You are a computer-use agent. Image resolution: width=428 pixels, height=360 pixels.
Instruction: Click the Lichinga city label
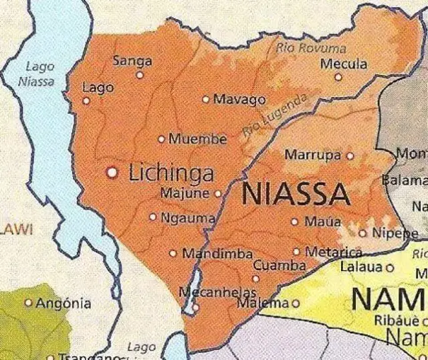point(171,173)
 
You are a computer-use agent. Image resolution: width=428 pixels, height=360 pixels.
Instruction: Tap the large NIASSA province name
point(294,194)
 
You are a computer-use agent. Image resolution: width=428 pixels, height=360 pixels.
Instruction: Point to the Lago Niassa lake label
point(39,73)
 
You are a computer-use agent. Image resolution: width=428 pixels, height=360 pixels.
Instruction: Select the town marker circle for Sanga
point(140,75)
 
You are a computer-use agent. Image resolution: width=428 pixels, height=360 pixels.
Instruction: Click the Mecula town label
point(344,64)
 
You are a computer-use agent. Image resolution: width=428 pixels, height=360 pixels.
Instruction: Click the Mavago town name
point(239,100)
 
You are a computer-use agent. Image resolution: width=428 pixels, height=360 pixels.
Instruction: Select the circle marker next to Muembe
point(161,139)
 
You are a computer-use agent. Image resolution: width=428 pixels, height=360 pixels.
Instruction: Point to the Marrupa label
point(313,155)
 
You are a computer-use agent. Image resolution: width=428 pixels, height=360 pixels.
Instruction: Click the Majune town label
point(185,193)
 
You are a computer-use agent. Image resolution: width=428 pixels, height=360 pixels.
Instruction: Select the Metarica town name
point(333,252)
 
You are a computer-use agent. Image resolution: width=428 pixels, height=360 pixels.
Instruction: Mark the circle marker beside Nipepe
point(363,234)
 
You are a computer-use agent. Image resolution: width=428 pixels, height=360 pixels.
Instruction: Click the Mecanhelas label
point(219,292)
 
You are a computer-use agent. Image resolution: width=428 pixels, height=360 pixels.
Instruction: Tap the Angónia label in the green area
point(63,303)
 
